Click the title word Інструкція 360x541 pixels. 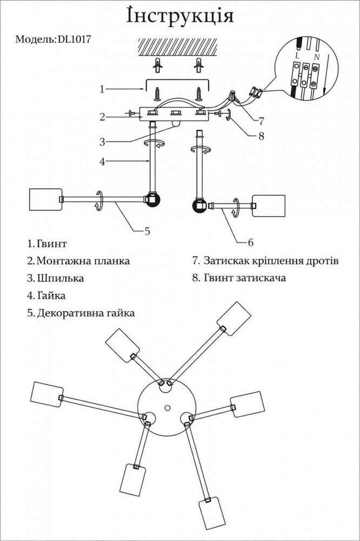180,16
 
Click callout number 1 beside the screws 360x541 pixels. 102,88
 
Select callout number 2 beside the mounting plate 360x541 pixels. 102,116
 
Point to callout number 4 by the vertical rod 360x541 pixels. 102,161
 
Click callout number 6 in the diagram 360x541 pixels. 250,242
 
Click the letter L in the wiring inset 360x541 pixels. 297,55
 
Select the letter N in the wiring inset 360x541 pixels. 316,56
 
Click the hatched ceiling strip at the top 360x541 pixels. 179,48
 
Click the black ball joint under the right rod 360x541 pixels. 199,206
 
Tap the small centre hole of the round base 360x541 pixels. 167,407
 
